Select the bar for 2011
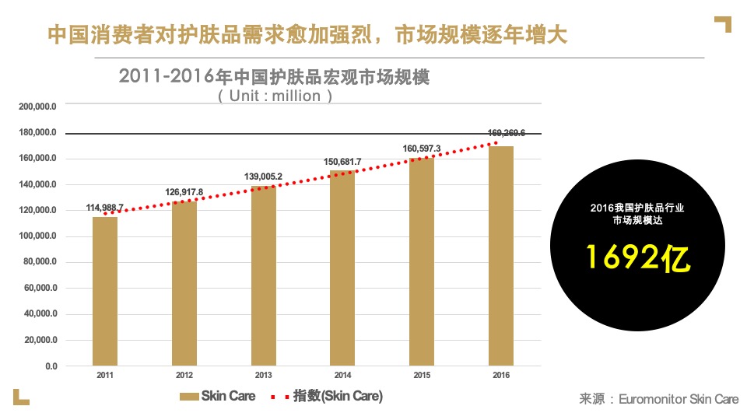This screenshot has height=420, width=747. pos(105,291)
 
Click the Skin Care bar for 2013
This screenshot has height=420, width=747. pos(264,275)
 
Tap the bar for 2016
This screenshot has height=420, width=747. pos(501,256)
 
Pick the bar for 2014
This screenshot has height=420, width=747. pos(342,268)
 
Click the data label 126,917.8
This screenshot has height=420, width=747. pos(184,192)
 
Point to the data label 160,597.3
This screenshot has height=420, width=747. pos(422,148)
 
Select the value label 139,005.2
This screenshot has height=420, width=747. pos(263,177)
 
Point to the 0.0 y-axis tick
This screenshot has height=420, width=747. pos(51,366)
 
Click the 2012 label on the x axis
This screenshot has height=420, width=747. pos(184,376)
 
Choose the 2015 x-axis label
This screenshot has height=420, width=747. pos(422,376)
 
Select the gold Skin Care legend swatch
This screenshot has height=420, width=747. pos(189,397)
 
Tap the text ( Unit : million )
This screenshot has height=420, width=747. pos(275,96)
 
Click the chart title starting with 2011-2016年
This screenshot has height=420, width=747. pos(274,77)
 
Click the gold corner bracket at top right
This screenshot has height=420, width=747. pos(724,23)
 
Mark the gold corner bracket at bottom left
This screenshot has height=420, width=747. pos(21,397)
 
